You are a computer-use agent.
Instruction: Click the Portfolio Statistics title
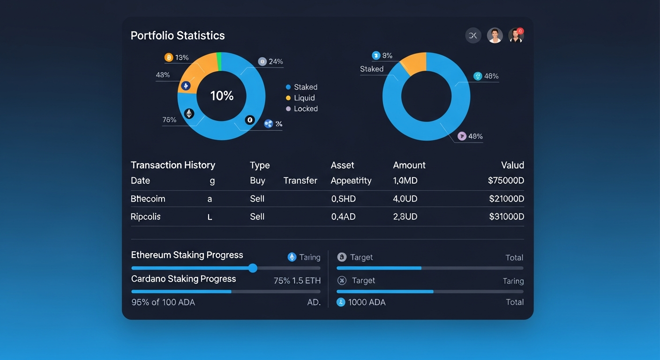[178, 36]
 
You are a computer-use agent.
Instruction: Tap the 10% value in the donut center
[222, 96]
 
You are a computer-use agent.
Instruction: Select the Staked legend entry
[305, 87]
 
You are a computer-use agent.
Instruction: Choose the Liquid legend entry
[304, 98]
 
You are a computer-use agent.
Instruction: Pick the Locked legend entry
[305, 109]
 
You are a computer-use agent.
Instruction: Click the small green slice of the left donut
[219, 61]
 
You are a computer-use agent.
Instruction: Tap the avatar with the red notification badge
[516, 36]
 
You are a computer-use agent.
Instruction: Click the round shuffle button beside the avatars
[473, 36]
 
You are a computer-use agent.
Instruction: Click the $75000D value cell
[506, 180]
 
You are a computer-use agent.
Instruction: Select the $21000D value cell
[506, 199]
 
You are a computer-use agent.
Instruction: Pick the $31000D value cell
[506, 217]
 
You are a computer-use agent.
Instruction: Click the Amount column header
[409, 165]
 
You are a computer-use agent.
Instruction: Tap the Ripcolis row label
[145, 217]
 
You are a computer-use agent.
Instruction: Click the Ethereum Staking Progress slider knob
[253, 268]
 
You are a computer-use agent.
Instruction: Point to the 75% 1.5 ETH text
[297, 281]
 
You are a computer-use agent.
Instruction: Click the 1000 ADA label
[367, 302]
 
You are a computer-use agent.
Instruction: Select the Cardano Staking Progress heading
[183, 279]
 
